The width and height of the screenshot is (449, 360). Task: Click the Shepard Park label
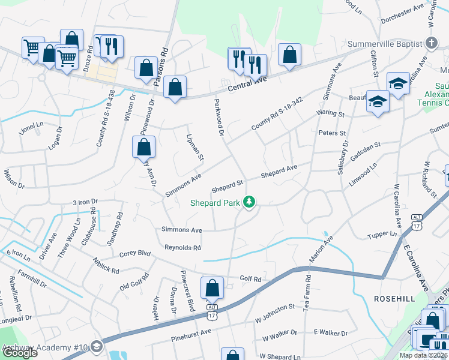pyautogui.click(x=215, y=203)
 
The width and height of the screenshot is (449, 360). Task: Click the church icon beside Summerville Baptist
pyautogui.click(x=430, y=43)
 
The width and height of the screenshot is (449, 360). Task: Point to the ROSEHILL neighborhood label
pyautogui.click(x=394, y=298)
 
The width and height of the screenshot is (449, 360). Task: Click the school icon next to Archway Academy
pyautogui.click(x=97, y=347)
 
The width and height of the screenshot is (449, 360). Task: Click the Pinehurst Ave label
pyautogui.click(x=190, y=331)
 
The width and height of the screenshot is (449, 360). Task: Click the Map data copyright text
pyautogui.click(x=423, y=355)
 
